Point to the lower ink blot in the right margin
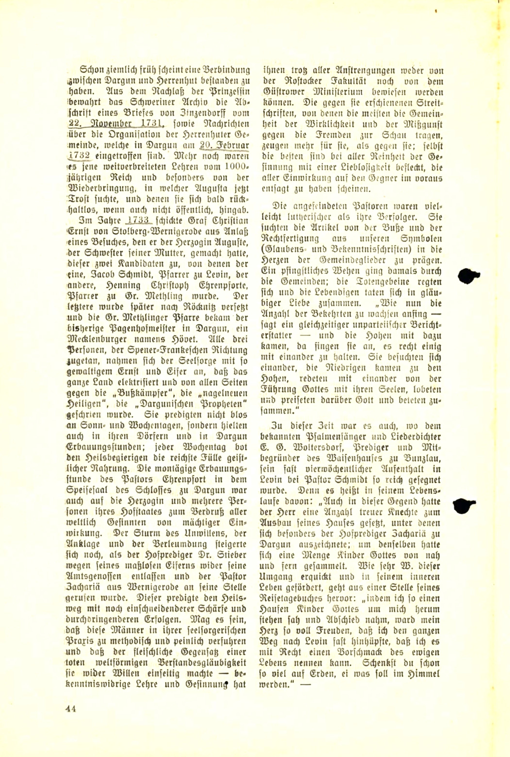[463, 505]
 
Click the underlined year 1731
[150, 124]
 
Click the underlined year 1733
[138, 220]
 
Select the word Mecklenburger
[103, 339]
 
